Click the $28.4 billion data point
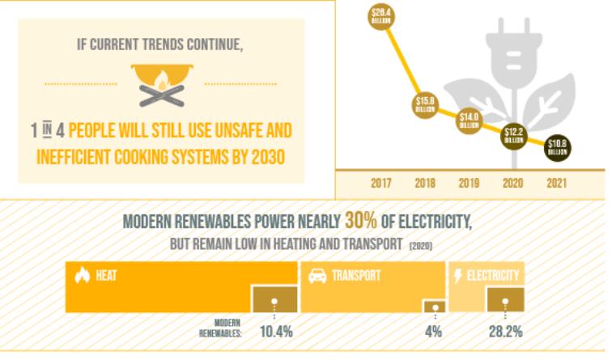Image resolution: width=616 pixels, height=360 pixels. click(380, 15)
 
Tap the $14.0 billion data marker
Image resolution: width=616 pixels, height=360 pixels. click(469, 120)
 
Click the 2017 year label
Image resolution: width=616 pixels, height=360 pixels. click(381, 184)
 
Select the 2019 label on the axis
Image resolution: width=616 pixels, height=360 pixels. click(469, 184)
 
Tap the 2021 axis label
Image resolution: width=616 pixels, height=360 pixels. click(556, 184)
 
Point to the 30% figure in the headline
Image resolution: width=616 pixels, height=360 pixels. click(360, 221)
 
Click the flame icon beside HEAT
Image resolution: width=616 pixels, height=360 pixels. click(82, 276)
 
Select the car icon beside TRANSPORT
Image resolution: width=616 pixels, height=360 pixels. click(316, 276)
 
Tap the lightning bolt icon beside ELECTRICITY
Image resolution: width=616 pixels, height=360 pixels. click(457, 276)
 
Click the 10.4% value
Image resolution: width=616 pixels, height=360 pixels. click(276, 331)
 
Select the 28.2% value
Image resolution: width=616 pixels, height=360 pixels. click(504, 331)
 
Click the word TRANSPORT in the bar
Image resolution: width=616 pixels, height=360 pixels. click(357, 276)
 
